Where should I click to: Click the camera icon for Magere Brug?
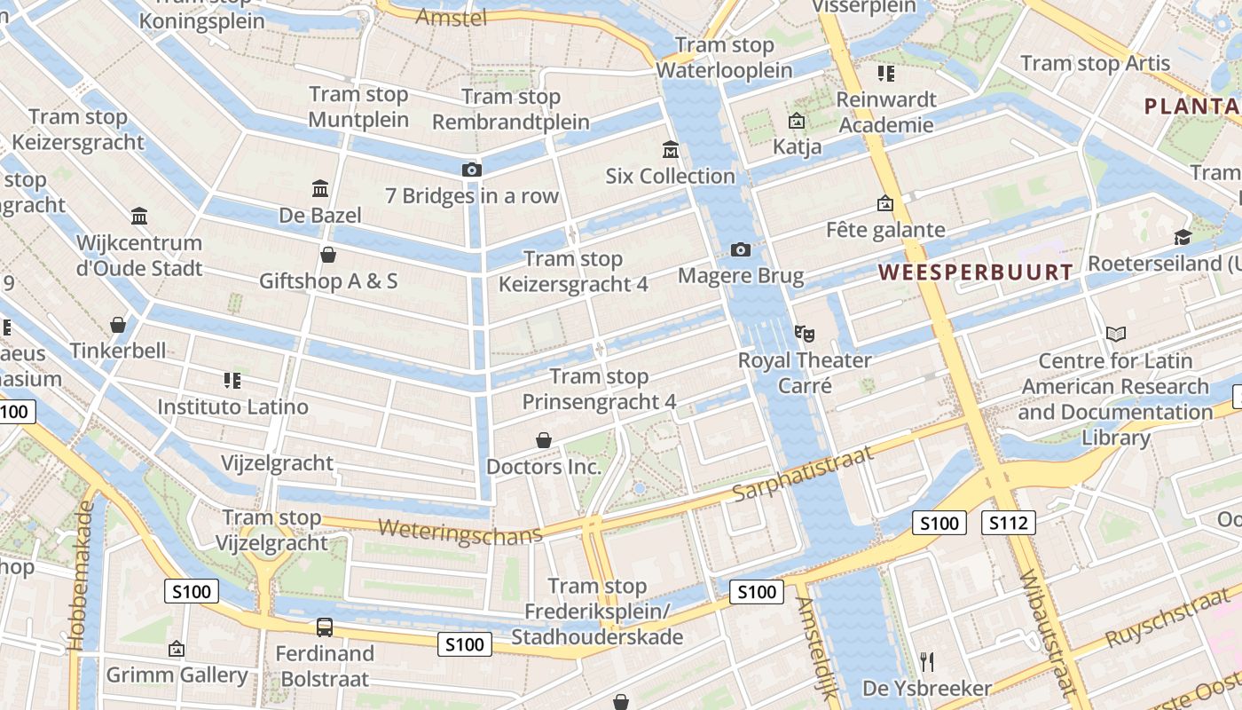(741, 250)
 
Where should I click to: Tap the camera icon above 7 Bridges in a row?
(471, 170)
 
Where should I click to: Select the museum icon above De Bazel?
(320, 188)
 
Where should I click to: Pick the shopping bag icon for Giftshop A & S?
(328, 256)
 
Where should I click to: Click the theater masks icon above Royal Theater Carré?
(805, 334)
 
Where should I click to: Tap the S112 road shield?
(1009, 523)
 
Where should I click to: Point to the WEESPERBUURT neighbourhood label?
(976, 272)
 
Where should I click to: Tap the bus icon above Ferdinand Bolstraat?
(325, 627)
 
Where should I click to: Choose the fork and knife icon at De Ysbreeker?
(927, 661)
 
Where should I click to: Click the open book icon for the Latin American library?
(1115, 335)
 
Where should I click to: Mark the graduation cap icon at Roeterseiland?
(1183, 237)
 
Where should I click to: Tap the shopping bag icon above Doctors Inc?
(544, 440)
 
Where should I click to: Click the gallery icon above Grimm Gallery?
(177, 650)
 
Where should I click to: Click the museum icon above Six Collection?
(671, 150)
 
